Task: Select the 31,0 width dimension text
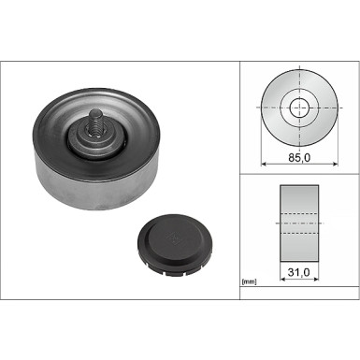coord(299,272)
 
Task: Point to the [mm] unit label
coord(250,281)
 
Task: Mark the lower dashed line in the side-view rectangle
coord(299,235)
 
